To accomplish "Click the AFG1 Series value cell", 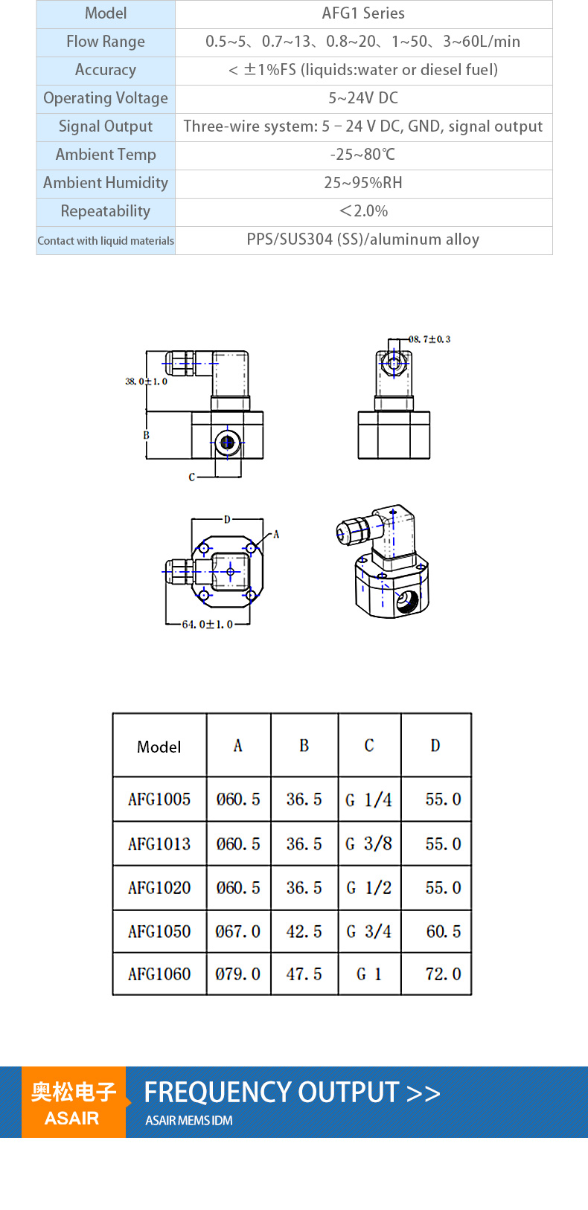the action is (x=363, y=13).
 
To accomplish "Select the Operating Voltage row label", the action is (x=106, y=98).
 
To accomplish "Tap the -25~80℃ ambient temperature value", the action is (x=363, y=155).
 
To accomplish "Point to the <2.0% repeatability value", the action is (x=363, y=211).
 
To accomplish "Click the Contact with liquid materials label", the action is (x=106, y=241).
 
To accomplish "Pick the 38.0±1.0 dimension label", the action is (x=147, y=382).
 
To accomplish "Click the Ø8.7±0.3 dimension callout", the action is (x=429, y=339).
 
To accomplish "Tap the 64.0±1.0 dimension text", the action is (x=208, y=625).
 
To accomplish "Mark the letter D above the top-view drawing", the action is (x=227, y=520).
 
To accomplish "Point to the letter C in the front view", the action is (x=191, y=477).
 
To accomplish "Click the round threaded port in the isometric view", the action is (x=407, y=601).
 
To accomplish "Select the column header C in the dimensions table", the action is (x=369, y=745).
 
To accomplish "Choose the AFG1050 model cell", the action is (x=159, y=931).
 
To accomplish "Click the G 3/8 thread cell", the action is (x=369, y=843).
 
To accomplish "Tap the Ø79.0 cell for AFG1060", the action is (x=238, y=974).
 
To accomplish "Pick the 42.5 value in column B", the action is (x=304, y=931).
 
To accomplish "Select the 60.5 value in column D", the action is (x=444, y=931).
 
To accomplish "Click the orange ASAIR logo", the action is (x=74, y=1102).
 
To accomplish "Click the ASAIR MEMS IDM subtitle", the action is (x=189, y=1121).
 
